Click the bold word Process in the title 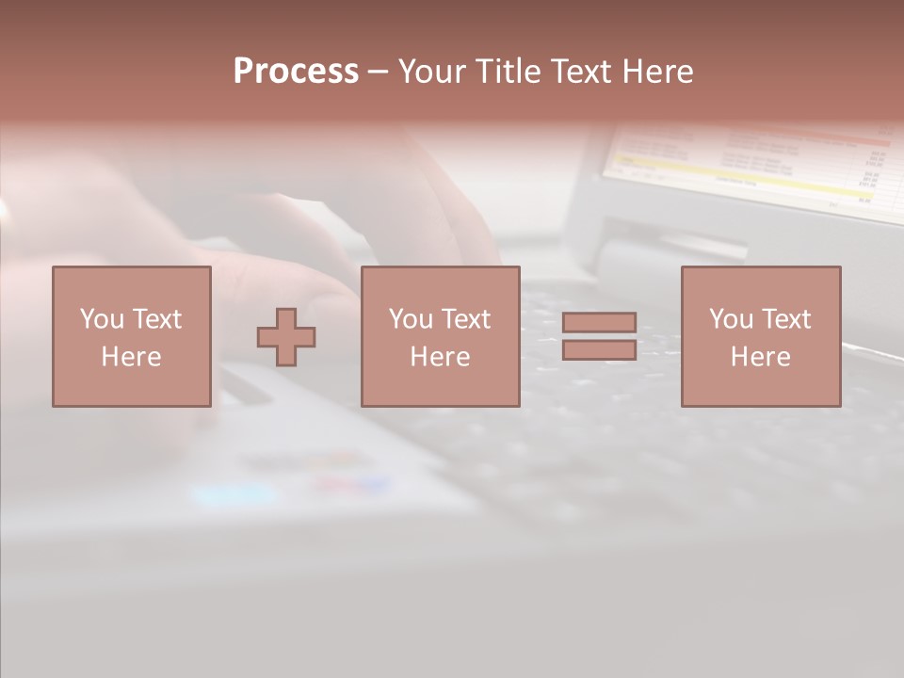pyautogui.click(x=296, y=72)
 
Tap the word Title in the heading pyautogui.click(x=509, y=72)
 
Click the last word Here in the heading pyautogui.click(x=658, y=72)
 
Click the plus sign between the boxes pyautogui.click(x=286, y=337)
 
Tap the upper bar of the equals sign pyautogui.click(x=599, y=322)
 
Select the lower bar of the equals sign pyautogui.click(x=599, y=349)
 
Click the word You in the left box pyautogui.click(x=102, y=319)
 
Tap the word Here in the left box pyautogui.click(x=131, y=357)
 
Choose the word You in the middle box pyautogui.click(x=411, y=319)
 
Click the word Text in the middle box pyautogui.click(x=465, y=319)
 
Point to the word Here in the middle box pyautogui.click(x=440, y=357)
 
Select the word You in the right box pyautogui.click(x=731, y=319)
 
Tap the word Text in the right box pyautogui.click(x=785, y=319)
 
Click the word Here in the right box pyautogui.click(x=760, y=357)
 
